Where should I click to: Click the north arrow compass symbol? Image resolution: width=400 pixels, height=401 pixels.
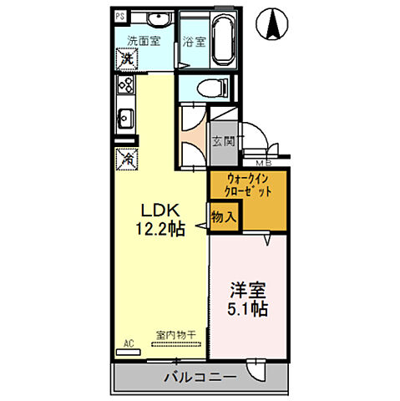(x=273, y=23)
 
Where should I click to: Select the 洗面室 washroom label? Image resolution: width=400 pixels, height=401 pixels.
(x=143, y=39)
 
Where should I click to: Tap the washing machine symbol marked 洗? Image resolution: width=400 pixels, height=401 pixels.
(x=126, y=59)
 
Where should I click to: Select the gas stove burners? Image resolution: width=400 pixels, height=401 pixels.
(x=127, y=85)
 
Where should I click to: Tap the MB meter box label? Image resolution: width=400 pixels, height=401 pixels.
(x=261, y=163)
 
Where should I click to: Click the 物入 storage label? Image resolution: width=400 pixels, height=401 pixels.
(x=223, y=216)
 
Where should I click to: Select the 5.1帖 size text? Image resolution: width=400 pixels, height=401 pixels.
(x=248, y=311)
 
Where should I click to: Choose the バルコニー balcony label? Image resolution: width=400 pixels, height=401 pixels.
(x=200, y=378)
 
